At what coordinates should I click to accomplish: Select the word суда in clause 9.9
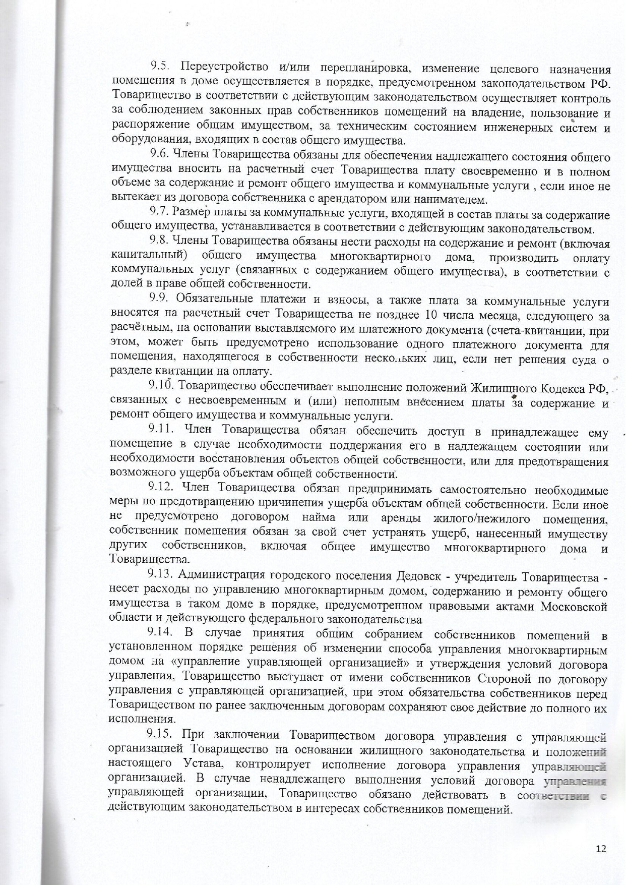581,359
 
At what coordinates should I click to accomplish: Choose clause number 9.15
162,734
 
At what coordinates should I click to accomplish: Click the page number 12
600,848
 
